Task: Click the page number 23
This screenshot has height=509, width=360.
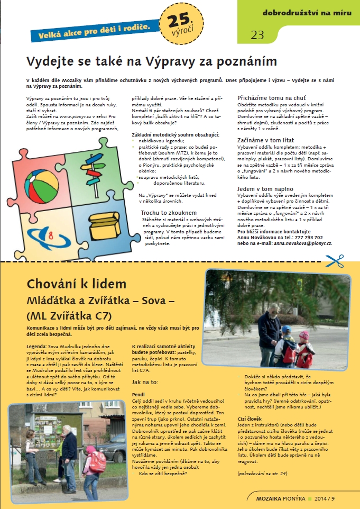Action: (257, 35)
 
